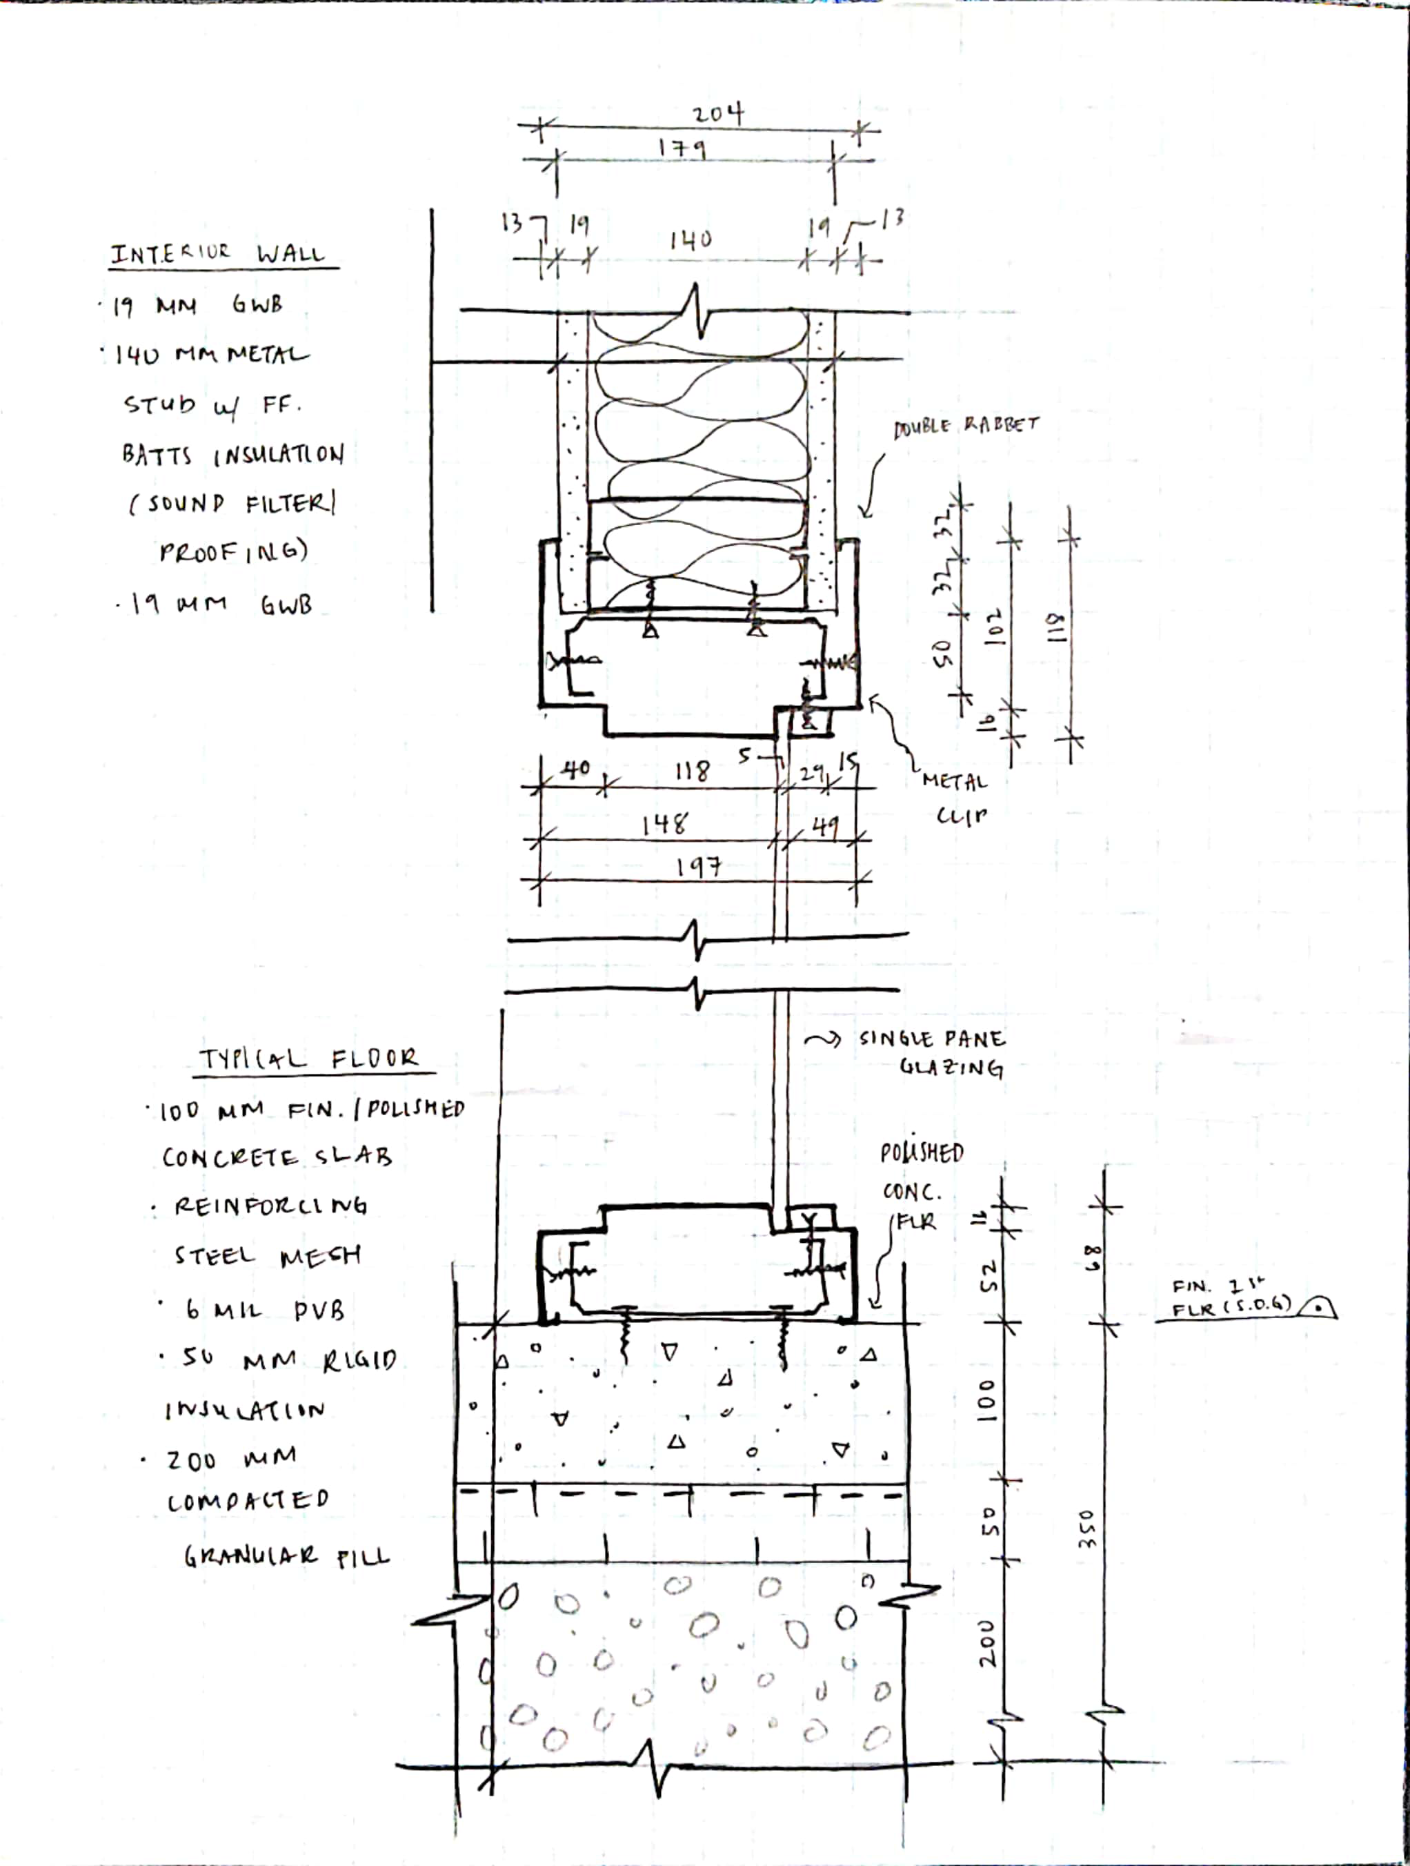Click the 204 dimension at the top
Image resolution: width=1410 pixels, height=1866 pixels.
717,114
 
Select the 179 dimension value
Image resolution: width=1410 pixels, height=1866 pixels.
682,148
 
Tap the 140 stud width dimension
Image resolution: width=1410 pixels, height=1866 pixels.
691,240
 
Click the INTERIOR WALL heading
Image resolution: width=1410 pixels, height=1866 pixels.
217,253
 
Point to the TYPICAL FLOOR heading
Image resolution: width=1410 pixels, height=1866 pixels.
308,1059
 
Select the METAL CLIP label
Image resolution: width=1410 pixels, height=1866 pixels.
955,798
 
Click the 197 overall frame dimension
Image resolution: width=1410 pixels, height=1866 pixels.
698,865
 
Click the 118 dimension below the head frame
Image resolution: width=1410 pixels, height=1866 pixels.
693,770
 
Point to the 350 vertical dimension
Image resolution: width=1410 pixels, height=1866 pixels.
1088,1529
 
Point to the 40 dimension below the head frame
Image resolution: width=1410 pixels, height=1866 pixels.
576,769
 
